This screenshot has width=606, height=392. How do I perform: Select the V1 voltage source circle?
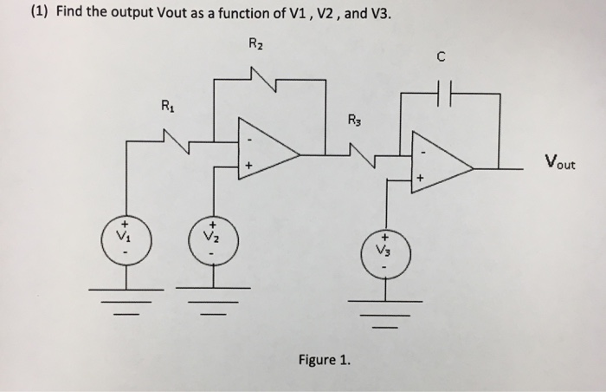pos(126,238)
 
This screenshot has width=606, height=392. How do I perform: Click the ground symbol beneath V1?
pos(126,293)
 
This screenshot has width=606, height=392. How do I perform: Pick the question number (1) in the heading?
pos(18,12)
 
